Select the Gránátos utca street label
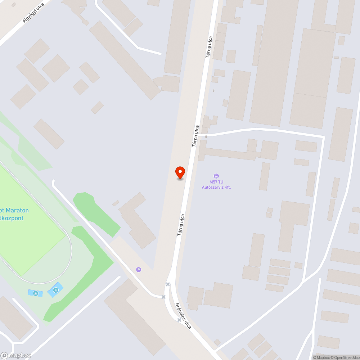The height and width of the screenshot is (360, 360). click(183, 315)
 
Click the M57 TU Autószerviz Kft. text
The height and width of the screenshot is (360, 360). click(216, 185)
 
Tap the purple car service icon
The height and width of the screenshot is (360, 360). click(216, 176)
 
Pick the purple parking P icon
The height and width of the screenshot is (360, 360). click(138, 269)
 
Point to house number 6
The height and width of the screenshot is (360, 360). click(213, 90)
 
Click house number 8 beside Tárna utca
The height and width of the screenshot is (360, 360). click(206, 137)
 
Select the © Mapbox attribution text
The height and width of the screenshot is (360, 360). click(321, 357)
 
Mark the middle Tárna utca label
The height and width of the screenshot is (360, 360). click(195, 136)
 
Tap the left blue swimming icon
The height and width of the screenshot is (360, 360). click(35, 293)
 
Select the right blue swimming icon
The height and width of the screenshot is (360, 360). click(55, 290)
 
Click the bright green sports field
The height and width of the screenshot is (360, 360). click(29, 230)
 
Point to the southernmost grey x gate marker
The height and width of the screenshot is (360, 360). click(179, 320)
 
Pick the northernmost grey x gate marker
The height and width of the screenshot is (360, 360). click(167, 284)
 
